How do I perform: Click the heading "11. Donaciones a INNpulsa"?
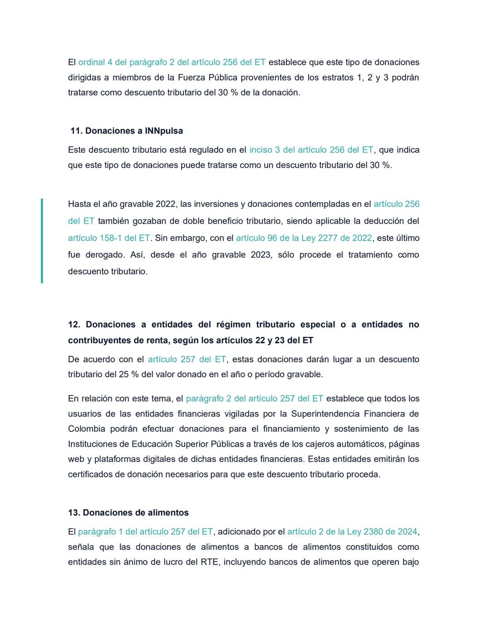tap(127, 131)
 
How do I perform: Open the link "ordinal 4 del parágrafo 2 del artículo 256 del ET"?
tap(172, 62)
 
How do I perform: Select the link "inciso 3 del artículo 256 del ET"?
tap(311, 150)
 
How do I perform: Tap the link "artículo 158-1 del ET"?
tap(109, 238)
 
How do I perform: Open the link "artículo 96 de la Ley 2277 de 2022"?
tap(304, 238)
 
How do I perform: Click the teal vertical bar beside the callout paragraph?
tap(42, 241)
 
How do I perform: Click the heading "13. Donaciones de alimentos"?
tap(128, 512)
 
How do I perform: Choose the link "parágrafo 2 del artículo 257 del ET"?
tap(255, 398)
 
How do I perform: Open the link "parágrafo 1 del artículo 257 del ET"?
tap(145, 531)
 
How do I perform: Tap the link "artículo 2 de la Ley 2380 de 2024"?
tap(352, 531)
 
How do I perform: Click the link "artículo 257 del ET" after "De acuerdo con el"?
tap(187, 359)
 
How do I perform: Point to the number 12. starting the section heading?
tap(74, 324)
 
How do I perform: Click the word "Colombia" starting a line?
tap(86, 428)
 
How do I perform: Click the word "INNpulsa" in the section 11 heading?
tap(164, 131)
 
